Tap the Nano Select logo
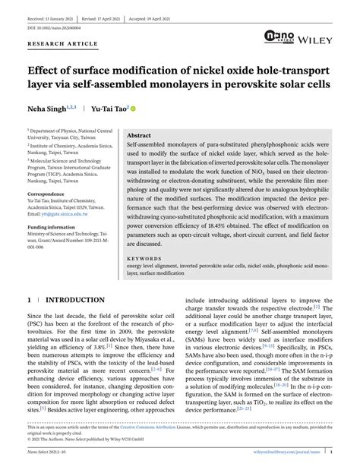[x=278, y=36]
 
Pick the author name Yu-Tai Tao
[x=109, y=109]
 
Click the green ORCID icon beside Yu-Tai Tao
[x=134, y=109]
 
